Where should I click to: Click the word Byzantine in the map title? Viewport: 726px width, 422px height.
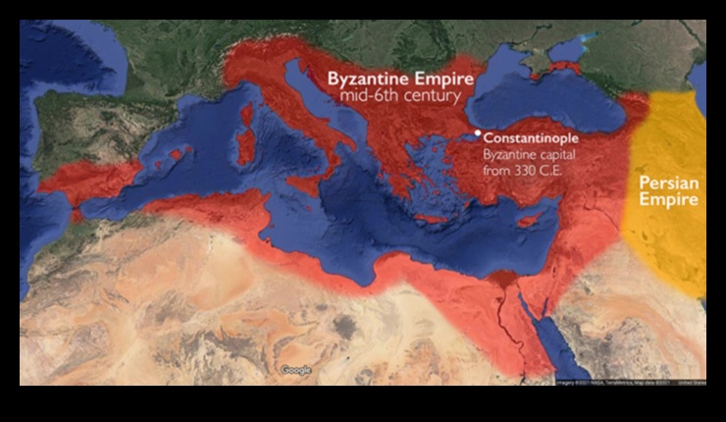367,79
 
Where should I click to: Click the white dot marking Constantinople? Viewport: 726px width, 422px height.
477,132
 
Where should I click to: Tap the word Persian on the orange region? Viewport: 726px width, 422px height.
667,183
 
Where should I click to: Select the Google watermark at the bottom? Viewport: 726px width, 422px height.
295,370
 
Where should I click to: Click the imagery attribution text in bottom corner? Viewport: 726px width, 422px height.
627,381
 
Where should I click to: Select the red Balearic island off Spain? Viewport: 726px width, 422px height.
179,153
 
